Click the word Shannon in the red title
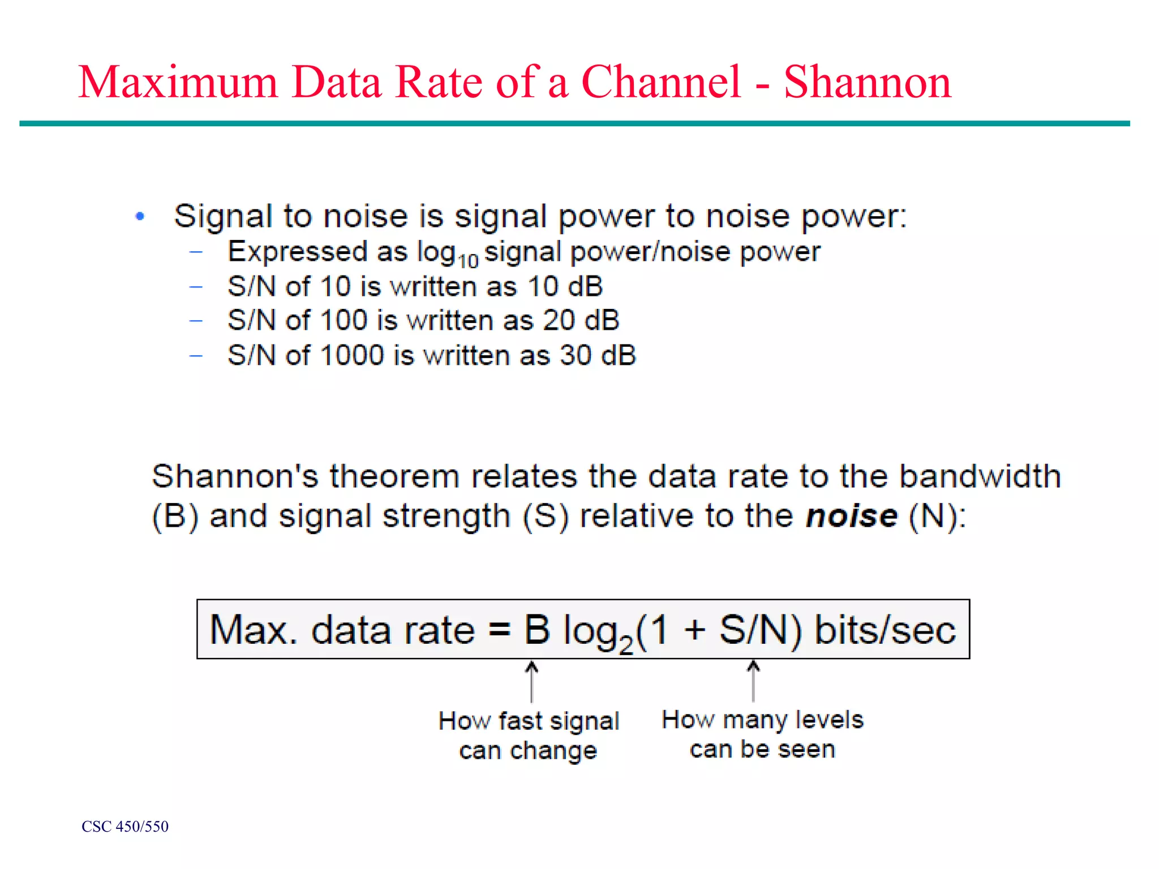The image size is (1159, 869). point(867,83)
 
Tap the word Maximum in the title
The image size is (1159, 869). point(178,83)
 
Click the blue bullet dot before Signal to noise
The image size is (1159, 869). point(140,216)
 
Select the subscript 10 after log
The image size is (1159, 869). point(468,261)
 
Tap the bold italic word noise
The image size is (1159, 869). point(851,516)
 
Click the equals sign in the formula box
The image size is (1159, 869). point(499,629)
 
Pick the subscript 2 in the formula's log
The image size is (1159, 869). point(626,644)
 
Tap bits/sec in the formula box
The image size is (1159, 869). point(885,630)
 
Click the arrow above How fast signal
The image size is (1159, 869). point(531,681)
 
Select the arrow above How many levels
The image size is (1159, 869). point(753,681)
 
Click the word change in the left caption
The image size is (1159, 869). point(553,751)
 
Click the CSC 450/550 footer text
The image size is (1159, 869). point(125,827)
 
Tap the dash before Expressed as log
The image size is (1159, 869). point(196,252)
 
